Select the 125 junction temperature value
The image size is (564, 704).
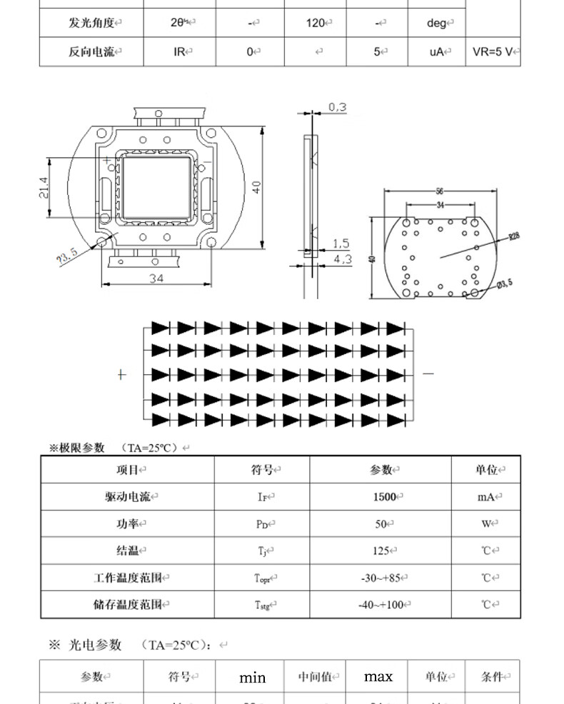(382, 550)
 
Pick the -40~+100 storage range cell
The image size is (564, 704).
(384, 605)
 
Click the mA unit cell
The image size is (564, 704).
(485, 497)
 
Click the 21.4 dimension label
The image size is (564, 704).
(43, 188)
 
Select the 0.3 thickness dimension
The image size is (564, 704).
(337, 108)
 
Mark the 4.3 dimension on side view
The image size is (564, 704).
(342, 259)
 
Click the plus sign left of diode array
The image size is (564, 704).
(121, 374)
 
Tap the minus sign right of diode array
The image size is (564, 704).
(428, 373)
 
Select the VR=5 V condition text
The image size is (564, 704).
(495, 51)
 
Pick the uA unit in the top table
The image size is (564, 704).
(437, 51)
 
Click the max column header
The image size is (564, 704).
(378, 676)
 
